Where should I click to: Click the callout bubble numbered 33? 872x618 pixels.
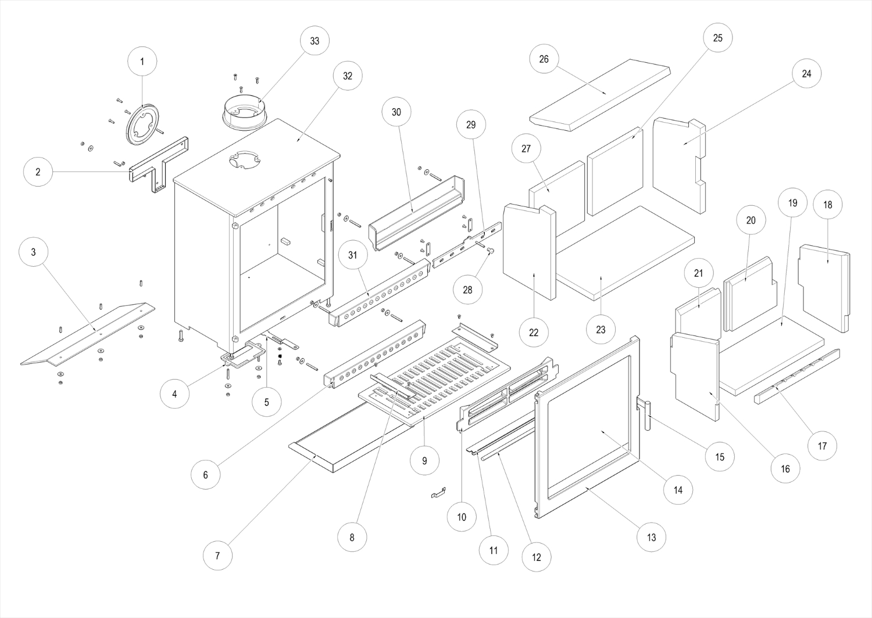(315, 41)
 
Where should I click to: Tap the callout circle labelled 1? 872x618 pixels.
(142, 60)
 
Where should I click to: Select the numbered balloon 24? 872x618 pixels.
(806, 74)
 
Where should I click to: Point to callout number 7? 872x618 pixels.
(217, 555)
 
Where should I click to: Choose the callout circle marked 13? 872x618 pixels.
(651, 537)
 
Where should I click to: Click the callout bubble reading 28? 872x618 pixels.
(468, 289)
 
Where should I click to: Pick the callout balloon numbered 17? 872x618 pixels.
(823, 446)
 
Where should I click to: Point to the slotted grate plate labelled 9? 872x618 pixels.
(442, 378)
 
